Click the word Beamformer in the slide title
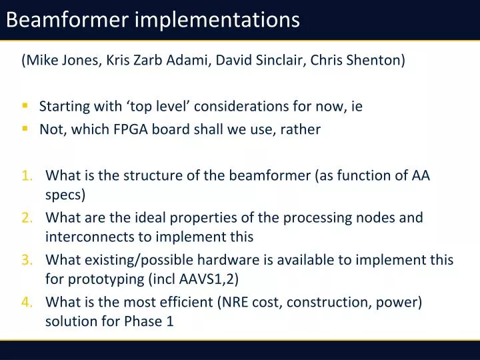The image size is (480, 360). pyautogui.click(x=67, y=20)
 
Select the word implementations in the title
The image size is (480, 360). pyautogui.click(x=217, y=21)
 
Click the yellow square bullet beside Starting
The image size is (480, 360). pyautogui.click(x=25, y=105)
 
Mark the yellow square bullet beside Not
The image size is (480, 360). pyautogui.click(x=25, y=129)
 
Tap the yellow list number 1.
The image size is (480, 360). pyautogui.click(x=27, y=177)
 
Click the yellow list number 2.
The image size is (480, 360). pyautogui.click(x=27, y=217)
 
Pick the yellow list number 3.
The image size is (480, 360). pyautogui.click(x=27, y=260)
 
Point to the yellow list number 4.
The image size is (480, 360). pyautogui.click(x=27, y=302)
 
